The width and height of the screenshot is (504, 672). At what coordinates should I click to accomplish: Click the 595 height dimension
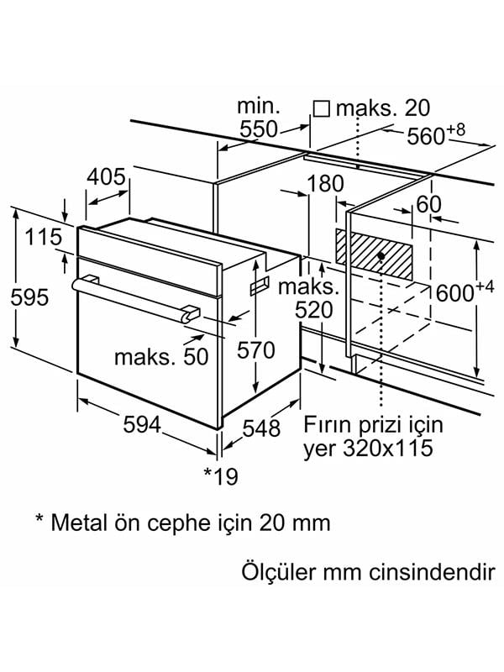coord(29,297)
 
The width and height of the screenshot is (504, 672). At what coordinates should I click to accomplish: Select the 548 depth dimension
coord(261,428)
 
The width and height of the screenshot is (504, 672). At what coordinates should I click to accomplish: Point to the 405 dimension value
coord(107,177)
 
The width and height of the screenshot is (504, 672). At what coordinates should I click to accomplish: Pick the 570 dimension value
coord(255,350)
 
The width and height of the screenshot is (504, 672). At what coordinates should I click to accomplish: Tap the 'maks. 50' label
coord(160,356)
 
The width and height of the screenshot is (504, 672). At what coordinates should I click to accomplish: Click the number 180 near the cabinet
coord(326,183)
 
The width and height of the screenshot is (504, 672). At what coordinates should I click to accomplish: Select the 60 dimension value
coord(428,204)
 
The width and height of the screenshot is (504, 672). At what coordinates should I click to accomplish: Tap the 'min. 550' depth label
coord(258,118)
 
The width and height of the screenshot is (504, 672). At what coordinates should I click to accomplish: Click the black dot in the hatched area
coord(381,255)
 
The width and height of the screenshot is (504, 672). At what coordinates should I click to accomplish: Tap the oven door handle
coord(134,297)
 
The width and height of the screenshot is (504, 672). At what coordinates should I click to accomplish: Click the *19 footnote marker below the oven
coord(221,476)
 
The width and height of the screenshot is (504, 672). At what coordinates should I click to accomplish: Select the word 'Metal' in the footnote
coord(79,522)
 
